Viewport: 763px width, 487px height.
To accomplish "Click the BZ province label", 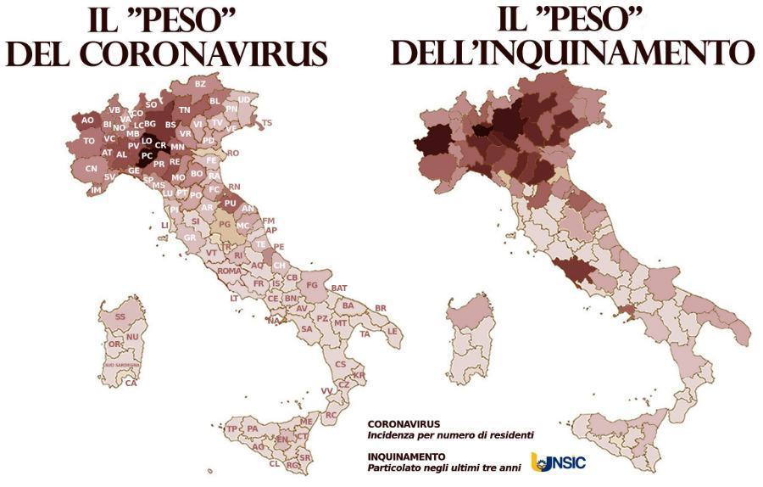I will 201,83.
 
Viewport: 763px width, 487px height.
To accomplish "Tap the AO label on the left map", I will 87,120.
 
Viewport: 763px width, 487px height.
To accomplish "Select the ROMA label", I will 229,271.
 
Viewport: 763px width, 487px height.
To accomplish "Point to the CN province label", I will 92,169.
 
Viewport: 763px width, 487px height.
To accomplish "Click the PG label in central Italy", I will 225,225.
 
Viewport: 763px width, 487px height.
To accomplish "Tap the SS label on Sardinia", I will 120,316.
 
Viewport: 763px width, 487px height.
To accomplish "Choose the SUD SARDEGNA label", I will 122,364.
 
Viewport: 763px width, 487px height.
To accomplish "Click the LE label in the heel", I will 393,330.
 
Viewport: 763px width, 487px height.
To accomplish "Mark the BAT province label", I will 339,288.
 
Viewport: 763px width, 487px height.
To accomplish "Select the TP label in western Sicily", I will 231,428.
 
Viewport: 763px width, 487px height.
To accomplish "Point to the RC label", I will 331,415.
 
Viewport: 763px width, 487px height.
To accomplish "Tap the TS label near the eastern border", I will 267,123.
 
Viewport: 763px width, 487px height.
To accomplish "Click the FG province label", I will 312,285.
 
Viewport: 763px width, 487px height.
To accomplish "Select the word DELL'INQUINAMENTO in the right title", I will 571,53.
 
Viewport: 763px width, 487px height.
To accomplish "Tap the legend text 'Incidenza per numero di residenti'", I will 450,435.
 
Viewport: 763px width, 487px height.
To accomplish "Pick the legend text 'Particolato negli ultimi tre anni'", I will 441,467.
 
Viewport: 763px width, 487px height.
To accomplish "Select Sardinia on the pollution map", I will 469,344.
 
